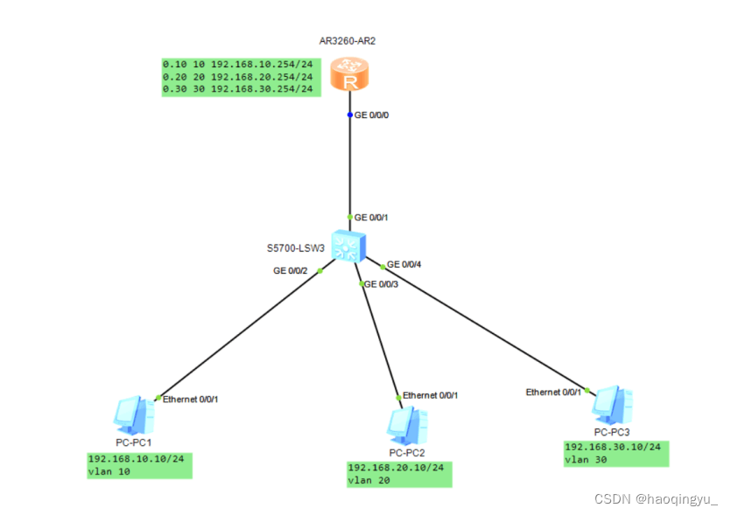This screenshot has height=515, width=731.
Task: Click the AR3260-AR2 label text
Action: click(x=348, y=41)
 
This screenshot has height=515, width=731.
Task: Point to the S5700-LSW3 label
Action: click(x=296, y=248)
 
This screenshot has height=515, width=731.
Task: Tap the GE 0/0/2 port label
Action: click(x=292, y=271)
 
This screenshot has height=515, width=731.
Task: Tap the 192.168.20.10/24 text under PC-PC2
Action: click(x=397, y=468)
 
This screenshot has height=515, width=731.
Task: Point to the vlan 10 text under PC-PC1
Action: click(x=110, y=471)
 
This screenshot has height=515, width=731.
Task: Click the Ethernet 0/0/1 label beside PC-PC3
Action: click(x=553, y=393)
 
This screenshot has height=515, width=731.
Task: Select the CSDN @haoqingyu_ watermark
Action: click(x=656, y=499)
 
